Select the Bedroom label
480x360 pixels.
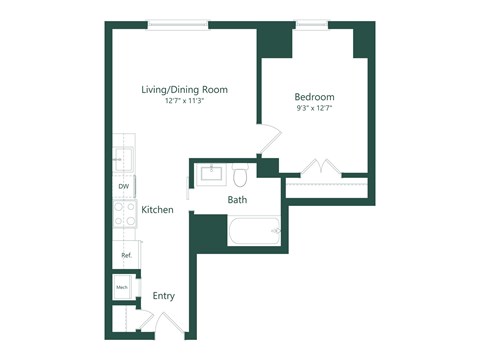(314, 97)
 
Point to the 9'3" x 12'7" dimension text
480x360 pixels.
(314, 109)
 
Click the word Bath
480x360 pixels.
(237, 200)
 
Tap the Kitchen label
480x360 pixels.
(158, 210)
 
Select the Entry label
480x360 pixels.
(164, 296)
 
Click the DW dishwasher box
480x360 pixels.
(124, 186)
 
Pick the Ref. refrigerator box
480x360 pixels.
(126, 255)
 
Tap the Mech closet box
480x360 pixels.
(123, 288)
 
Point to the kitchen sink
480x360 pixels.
(124, 159)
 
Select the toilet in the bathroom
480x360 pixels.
(240, 176)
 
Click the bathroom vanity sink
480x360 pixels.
(211, 175)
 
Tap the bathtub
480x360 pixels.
(253, 232)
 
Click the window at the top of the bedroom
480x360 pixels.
(311, 24)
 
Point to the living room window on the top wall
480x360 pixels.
(177, 24)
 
